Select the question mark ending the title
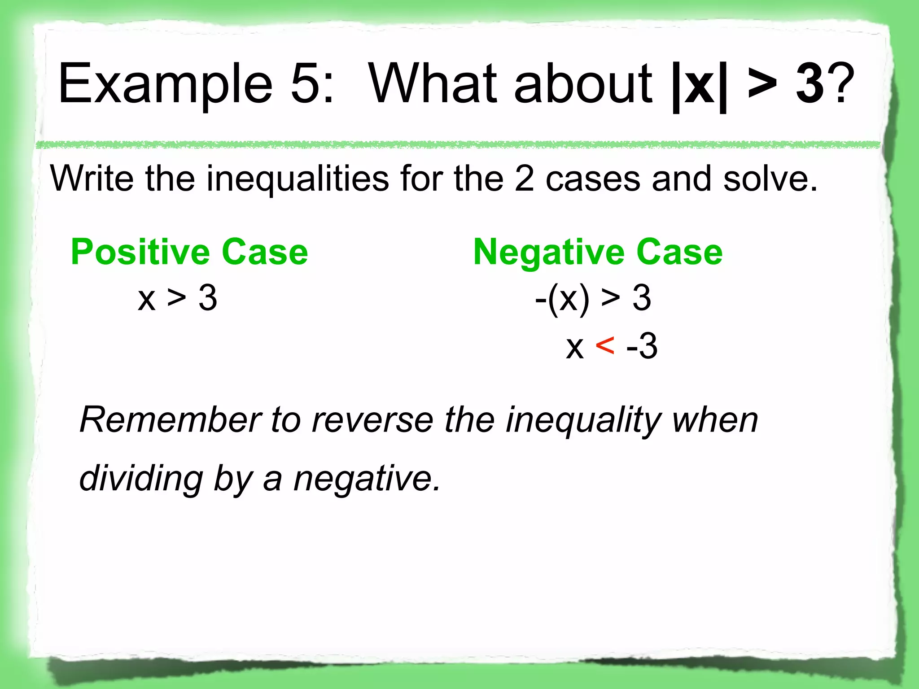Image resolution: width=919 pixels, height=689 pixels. point(840,83)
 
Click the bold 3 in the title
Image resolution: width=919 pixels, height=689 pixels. point(810,83)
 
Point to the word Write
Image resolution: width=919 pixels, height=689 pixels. point(92,179)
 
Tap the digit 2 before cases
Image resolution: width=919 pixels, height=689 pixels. point(524,179)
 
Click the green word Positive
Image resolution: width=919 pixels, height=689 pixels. point(140,252)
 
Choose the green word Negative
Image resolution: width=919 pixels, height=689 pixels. point(548,253)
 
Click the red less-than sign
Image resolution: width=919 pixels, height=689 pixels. point(604,346)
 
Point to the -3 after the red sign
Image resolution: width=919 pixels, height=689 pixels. point(642,346)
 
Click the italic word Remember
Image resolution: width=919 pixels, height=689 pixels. point(170,420)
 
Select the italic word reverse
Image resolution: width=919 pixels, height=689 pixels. point(372,420)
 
